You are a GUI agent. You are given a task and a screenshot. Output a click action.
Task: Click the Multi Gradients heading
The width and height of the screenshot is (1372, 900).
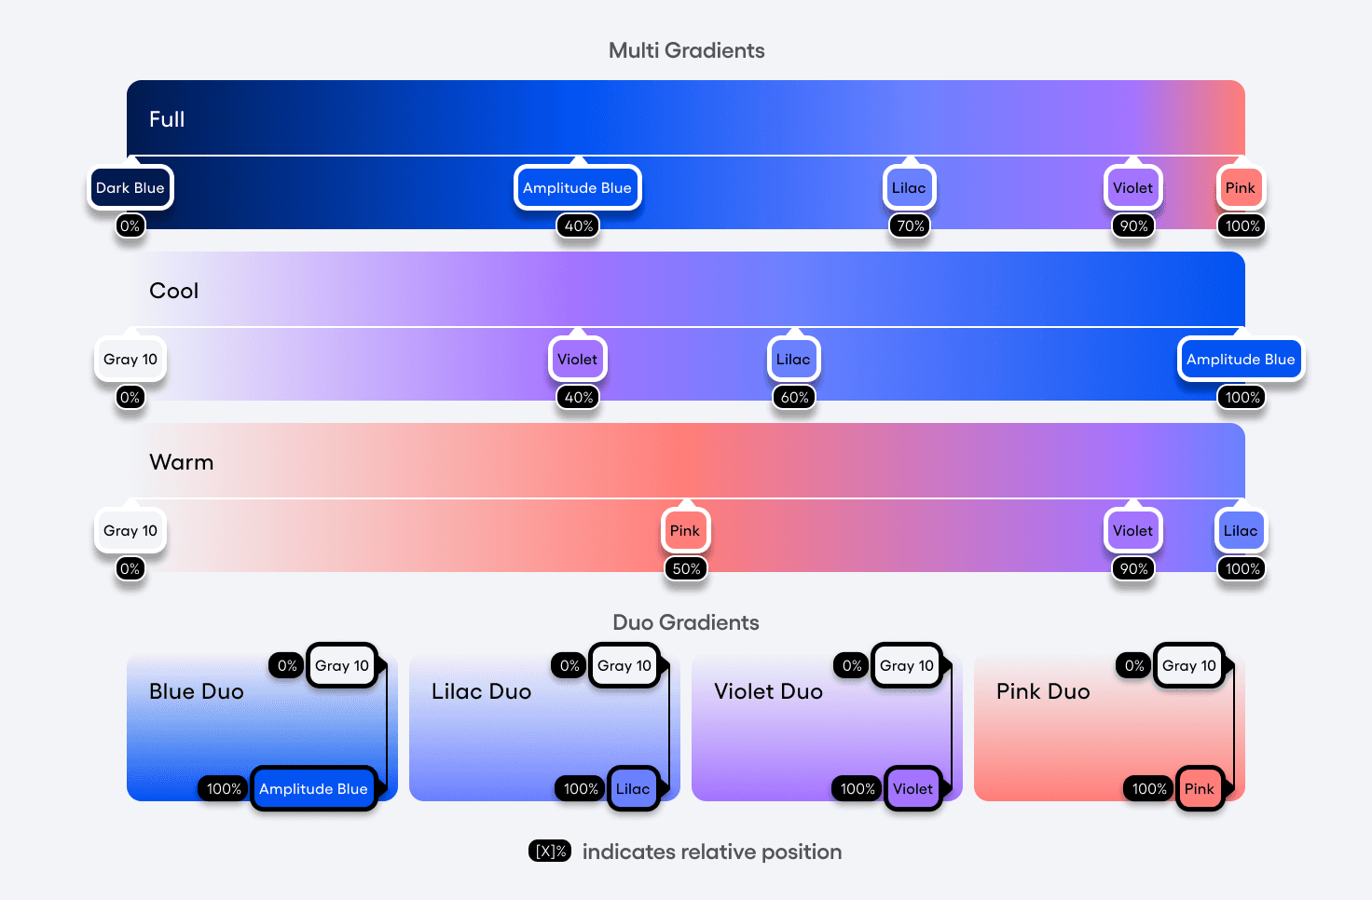coord(686,51)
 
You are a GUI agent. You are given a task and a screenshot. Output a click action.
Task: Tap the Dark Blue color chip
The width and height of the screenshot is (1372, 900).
coord(130,188)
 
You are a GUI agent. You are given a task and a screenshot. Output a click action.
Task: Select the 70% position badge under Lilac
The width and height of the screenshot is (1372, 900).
coord(911,226)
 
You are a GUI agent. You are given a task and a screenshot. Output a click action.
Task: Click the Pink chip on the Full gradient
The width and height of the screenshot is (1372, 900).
coord(1240,188)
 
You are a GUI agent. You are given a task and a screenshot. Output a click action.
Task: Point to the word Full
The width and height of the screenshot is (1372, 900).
coord(167,119)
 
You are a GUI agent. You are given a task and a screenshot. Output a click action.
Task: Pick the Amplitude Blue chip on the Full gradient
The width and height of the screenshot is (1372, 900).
coord(577,188)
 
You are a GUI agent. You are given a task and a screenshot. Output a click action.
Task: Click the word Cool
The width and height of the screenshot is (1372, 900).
coord(173,291)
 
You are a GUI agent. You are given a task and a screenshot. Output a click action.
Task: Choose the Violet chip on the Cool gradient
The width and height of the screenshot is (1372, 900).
coord(577,360)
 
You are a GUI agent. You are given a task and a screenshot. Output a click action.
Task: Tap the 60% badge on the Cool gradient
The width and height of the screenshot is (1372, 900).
coord(794,398)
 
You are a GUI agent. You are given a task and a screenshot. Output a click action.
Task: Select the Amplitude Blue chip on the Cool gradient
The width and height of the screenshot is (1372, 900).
coord(1241,360)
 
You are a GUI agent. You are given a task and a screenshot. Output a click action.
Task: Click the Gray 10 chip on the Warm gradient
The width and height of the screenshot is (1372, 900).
coord(130,531)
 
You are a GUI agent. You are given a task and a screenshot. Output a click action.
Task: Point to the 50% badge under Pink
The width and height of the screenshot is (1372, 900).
coord(686,569)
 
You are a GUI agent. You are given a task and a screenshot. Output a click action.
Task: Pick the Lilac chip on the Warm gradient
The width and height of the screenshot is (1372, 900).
coord(1241,531)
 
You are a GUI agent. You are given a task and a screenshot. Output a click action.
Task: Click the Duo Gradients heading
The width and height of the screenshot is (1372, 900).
coord(686,623)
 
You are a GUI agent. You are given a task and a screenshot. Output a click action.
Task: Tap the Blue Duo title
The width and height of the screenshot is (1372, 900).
coord(197,691)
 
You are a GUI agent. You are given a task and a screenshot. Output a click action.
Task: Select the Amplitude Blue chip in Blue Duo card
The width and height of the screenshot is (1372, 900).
coord(313,789)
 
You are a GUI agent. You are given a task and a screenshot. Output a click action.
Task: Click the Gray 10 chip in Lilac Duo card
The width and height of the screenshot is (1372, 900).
coord(624,666)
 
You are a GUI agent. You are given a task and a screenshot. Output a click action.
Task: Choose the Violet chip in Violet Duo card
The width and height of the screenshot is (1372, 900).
coord(912,789)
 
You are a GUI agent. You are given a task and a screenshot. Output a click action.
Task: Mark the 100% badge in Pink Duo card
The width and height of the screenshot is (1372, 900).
coord(1149,789)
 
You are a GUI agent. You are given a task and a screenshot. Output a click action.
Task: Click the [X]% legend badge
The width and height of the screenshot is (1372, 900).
coord(550,852)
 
